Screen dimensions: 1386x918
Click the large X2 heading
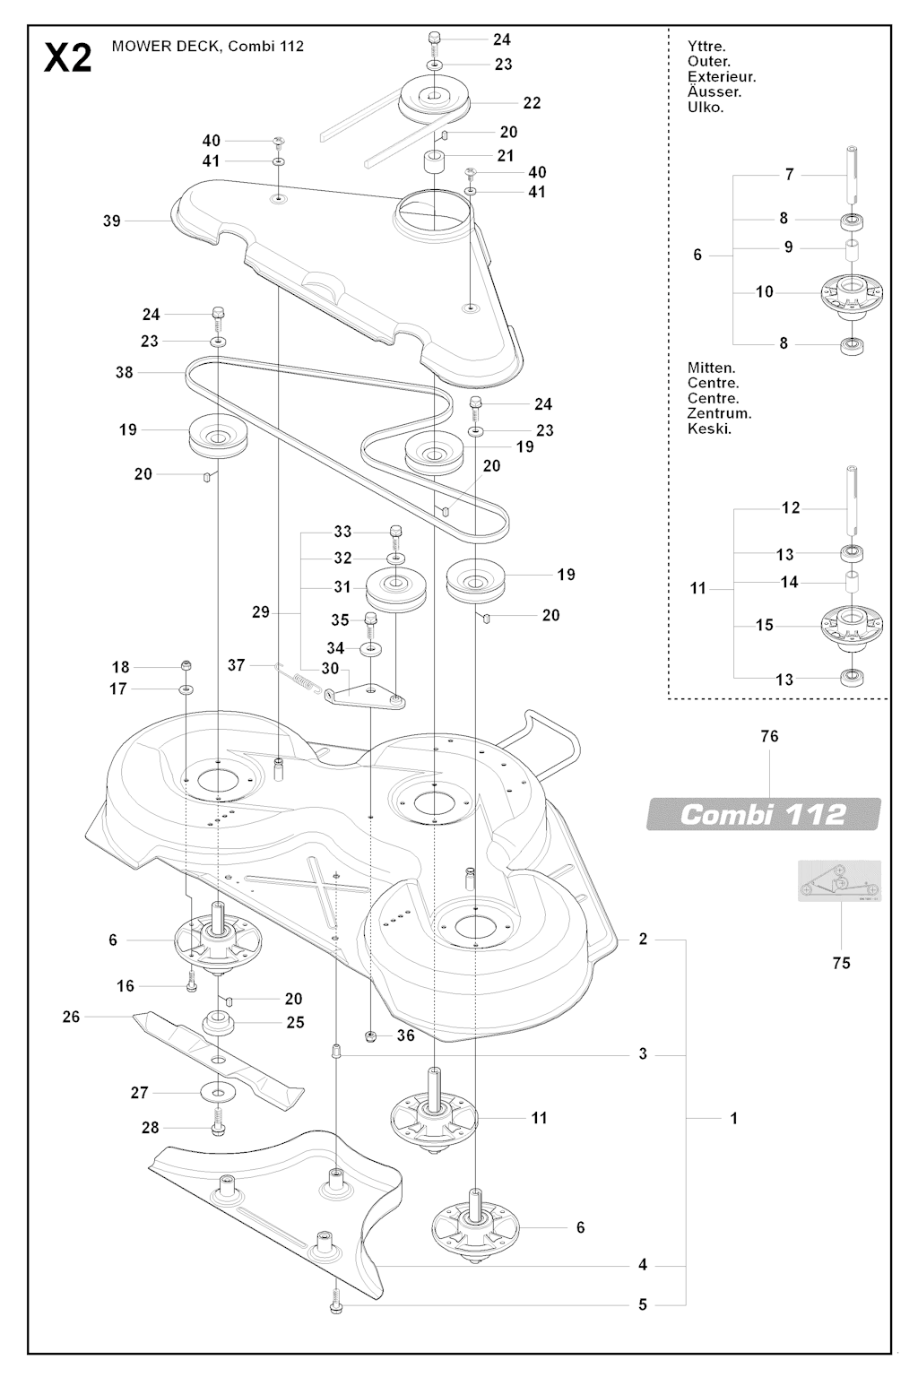point(67,59)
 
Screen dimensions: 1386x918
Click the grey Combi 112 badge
point(763,814)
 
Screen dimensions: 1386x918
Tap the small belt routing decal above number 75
point(839,881)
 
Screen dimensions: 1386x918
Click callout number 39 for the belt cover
point(111,221)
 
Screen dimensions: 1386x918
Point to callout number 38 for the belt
point(124,371)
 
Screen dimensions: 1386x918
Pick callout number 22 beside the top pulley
point(532,103)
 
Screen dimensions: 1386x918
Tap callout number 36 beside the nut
point(405,1035)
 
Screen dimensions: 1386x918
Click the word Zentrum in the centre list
point(719,413)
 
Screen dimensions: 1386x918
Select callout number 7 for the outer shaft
point(789,174)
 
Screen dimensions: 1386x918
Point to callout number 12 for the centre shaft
point(790,507)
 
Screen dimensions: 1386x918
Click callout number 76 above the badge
point(768,736)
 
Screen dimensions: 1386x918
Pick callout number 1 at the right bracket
point(733,1118)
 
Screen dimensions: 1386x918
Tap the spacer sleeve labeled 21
point(435,166)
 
